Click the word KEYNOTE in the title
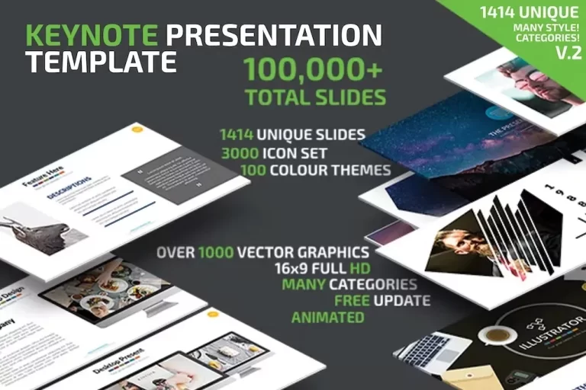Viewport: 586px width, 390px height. (92, 35)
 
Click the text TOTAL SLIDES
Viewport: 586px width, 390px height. (315, 97)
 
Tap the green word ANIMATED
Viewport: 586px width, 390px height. (327, 317)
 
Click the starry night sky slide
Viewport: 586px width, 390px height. (427, 145)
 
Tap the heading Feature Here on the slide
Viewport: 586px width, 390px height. (43, 176)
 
